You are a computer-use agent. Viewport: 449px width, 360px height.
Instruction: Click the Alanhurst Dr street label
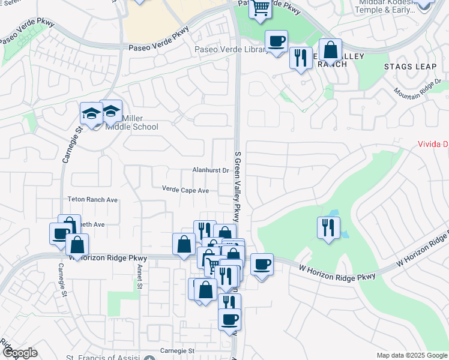point(211,170)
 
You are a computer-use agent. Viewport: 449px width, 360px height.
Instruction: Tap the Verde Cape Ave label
point(185,190)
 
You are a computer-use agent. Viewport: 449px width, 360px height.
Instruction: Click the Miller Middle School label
point(131,123)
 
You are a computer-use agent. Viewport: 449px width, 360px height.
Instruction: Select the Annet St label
point(139,277)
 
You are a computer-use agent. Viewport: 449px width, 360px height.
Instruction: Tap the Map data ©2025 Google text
point(412,355)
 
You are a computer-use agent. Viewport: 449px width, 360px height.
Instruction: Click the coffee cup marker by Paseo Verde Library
point(276,41)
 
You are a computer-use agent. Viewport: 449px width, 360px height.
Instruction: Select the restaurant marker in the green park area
point(328,227)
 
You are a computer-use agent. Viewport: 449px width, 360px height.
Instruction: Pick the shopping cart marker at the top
point(261,8)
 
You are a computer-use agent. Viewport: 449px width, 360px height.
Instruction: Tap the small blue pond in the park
point(333,214)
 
